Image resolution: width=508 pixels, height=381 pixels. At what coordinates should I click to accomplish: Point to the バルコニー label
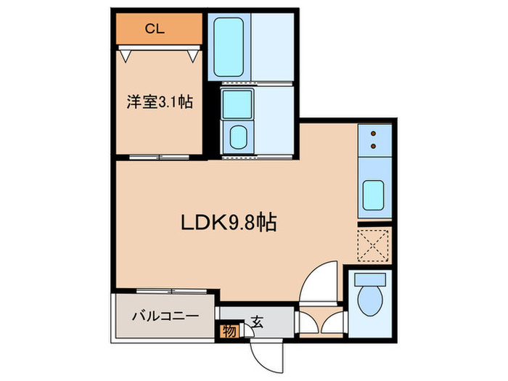click(x=165, y=316)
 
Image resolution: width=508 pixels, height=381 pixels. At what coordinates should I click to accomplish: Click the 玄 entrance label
click(x=258, y=319)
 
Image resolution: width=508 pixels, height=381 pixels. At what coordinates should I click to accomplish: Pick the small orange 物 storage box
click(x=229, y=332)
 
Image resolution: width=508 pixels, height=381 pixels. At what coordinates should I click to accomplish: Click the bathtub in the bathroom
click(x=229, y=46)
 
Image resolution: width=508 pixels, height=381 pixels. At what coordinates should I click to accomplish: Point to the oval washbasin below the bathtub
click(x=237, y=136)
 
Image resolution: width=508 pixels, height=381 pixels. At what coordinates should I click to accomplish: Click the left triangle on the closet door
click(x=125, y=54)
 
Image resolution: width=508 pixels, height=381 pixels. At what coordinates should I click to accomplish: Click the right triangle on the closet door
click(x=194, y=54)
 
